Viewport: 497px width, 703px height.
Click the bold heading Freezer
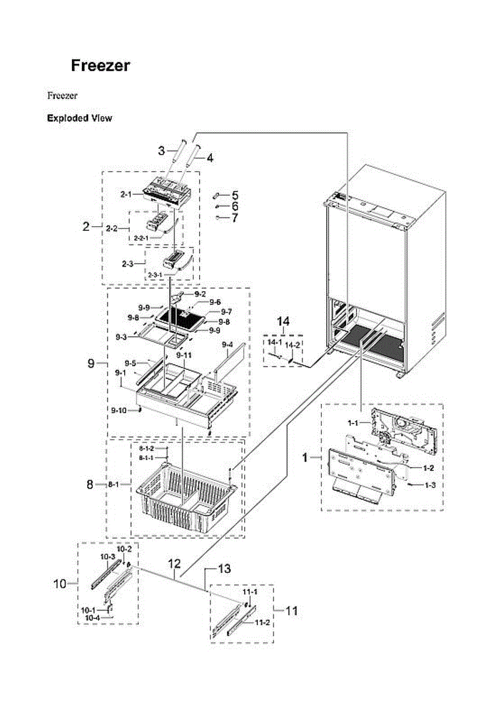pos(100,66)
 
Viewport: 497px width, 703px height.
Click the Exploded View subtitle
pos(79,118)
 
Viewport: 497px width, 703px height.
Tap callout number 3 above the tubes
pos(161,151)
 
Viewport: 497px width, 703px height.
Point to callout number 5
pos(234,194)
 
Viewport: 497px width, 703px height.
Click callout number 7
pos(234,219)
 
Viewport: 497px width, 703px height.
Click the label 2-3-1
pos(155,274)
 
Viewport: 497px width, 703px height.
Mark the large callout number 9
pos(91,363)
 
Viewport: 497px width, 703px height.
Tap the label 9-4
pos(227,344)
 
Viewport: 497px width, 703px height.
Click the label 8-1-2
pos(146,448)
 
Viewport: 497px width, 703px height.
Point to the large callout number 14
pos(283,321)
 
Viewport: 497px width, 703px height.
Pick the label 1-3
pos(430,485)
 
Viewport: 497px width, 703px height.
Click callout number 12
pos(174,564)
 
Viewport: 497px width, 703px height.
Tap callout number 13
pos(224,568)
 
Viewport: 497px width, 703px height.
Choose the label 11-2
pos(262,623)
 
